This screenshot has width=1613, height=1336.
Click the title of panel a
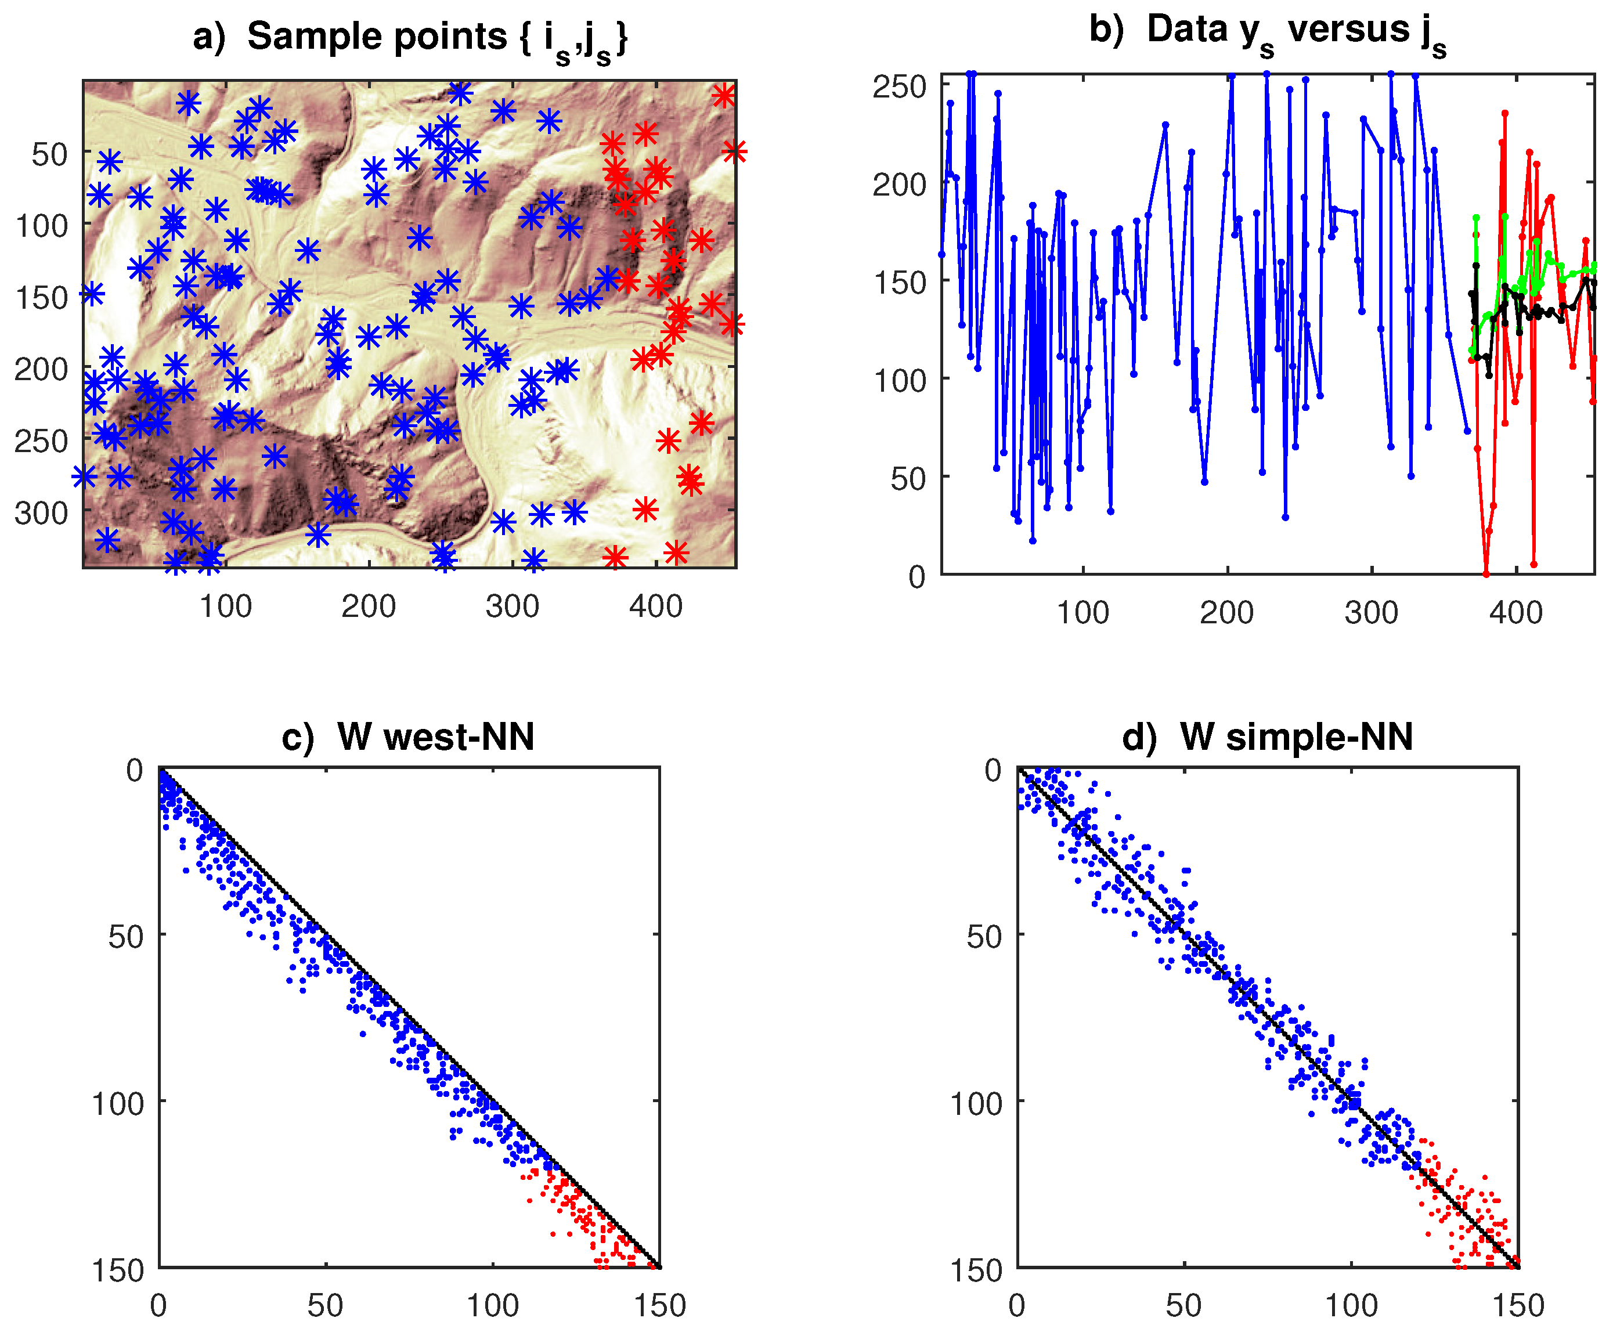click(x=410, y=38)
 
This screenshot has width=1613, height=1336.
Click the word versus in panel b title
click(x=1347, y=31)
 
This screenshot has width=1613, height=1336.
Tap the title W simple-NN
click(x=1268, y=737)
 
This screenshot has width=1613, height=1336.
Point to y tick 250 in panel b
click(x=900, y=86)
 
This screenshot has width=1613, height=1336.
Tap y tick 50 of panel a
click(x=49, y=154)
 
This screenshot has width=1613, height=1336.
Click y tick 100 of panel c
click(x=117, y=1103)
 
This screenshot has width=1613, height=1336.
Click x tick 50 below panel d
click(x=1183, y=1306)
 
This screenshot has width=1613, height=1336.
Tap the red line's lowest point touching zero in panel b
click(x=1486, y=573)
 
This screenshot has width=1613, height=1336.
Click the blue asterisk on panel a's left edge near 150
click(x=91, y=293)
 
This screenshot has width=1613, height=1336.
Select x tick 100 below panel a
click(x=225, y=606)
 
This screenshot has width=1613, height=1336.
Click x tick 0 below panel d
click(x=1017, y=1306)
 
